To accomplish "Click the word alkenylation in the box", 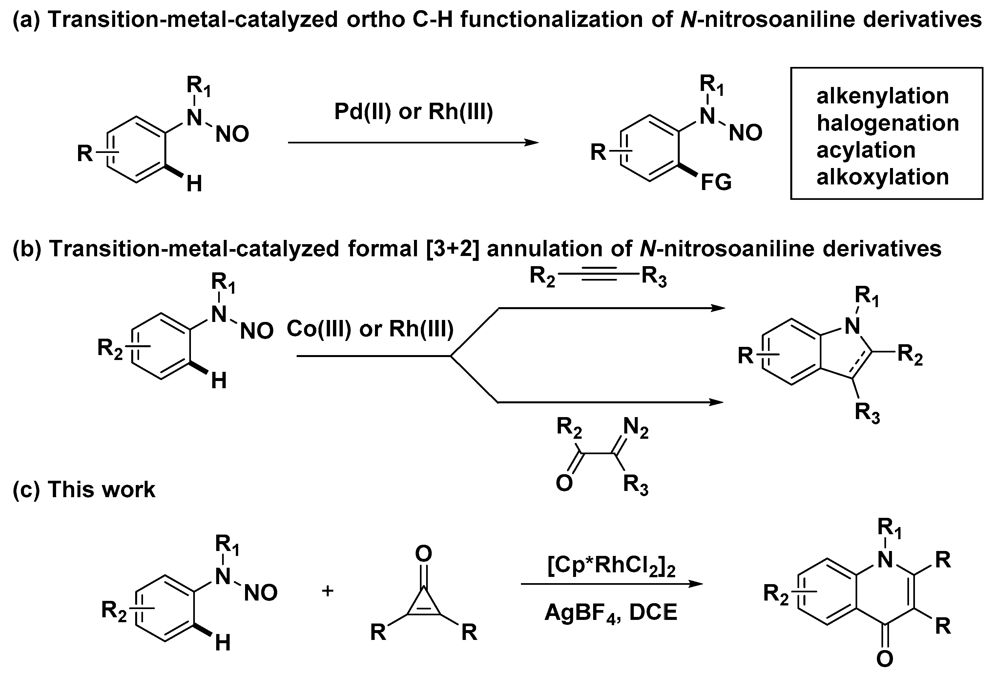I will pos(882,96).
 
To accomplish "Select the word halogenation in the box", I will pos(887,123).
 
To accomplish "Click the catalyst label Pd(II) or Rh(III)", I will pos(413,112).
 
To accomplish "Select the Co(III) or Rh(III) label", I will pos(370,329).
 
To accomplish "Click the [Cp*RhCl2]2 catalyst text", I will pos(611,567).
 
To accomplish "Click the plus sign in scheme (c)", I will pos(328,591).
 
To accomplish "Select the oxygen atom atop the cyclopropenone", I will pos(424,554).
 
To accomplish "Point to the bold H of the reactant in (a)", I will pos(194,185).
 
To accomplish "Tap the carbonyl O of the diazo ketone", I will pos(564,484).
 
